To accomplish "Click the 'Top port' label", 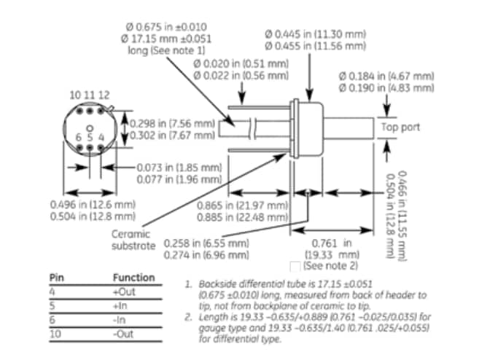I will pyautogui.click(x=400, y=126).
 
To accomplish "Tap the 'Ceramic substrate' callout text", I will pyautogui.click(x=134, y=240).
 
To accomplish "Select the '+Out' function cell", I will pyautogui.click(x=125, y=291).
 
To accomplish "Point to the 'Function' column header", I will pyautogui.click(x=133, y=278).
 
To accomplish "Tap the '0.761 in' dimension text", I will pyautogui.click(x=337, y=243).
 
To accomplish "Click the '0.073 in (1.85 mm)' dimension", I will pyautogui.click(x=179, y=168).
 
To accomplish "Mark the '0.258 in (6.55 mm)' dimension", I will pyautogui.click(x=207, y=243).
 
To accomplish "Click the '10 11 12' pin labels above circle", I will pyautogui.click(x=90, y=95).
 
